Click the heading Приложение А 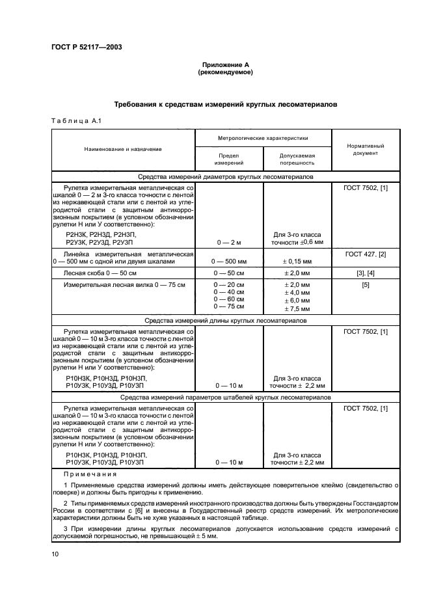click(x=225, y=65)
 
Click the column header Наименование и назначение click(x=123, y=150)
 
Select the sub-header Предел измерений click(x=229, y=160)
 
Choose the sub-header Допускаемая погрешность click(x=297, y=160)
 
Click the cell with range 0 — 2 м click(x=229, y=242)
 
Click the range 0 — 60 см click(x=229, y=299)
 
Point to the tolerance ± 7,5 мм click(x=297, y=307)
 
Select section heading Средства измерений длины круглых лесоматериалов click(x=225, y=320)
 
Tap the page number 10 click(x=55, y=554)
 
